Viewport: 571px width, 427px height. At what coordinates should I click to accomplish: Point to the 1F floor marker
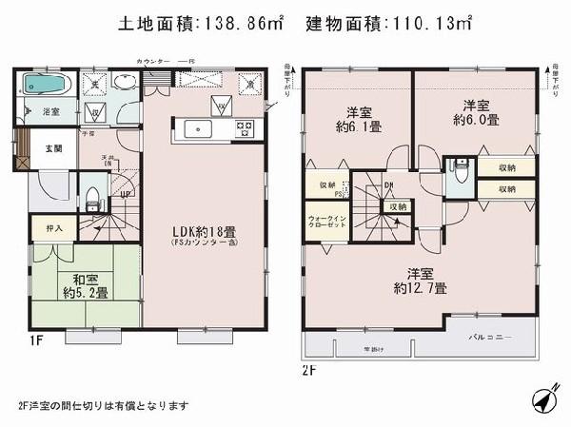20,337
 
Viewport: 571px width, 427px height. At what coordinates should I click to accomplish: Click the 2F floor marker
308,367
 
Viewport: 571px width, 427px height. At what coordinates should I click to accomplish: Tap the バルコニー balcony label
492,338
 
